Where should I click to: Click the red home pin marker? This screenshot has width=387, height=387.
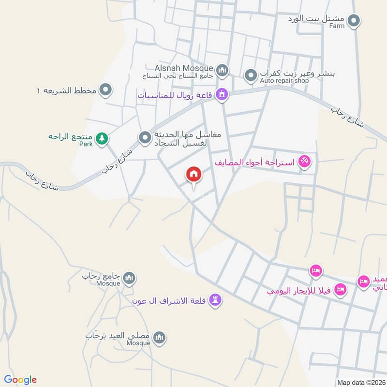coord(194,174)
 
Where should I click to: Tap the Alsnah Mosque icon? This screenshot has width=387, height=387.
coord(222,71)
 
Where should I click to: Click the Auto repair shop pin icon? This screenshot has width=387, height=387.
coord(251,75)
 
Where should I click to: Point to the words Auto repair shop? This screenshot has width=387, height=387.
coord(284,81)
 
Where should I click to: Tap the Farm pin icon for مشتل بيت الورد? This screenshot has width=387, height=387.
coord(354,20)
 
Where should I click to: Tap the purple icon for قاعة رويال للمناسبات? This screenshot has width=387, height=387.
coord(222,94)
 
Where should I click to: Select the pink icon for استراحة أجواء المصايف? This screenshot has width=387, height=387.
coord(304,161)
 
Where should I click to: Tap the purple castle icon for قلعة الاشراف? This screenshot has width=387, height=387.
coord(216,300)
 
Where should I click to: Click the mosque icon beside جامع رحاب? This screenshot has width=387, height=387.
coord(129,278)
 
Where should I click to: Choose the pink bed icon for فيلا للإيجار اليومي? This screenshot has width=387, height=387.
coord(340,289)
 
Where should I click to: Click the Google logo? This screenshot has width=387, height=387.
coord(20,380)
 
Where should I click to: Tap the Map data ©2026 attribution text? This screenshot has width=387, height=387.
coord(360,382)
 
